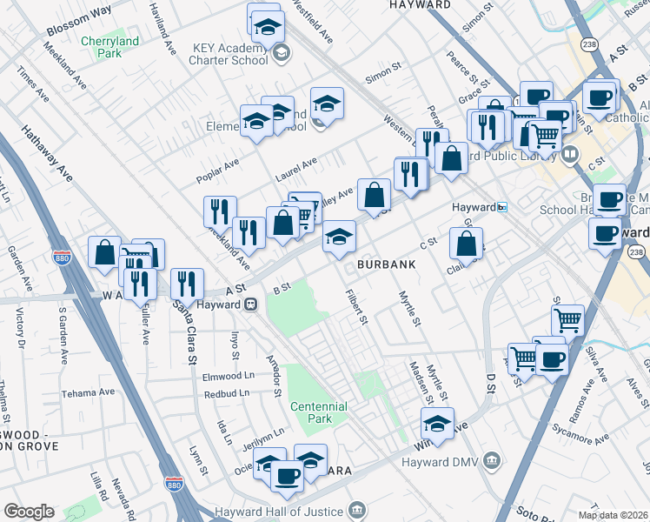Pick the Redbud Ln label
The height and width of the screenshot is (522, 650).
[227, 393]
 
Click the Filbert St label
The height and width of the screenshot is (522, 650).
[356, 309]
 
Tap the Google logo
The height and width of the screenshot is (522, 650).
[29, 511]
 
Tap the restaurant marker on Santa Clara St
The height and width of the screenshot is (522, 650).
[186, 282]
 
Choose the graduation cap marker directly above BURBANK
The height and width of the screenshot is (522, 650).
[339, 236]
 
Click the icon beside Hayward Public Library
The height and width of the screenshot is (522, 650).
[570, 155]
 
